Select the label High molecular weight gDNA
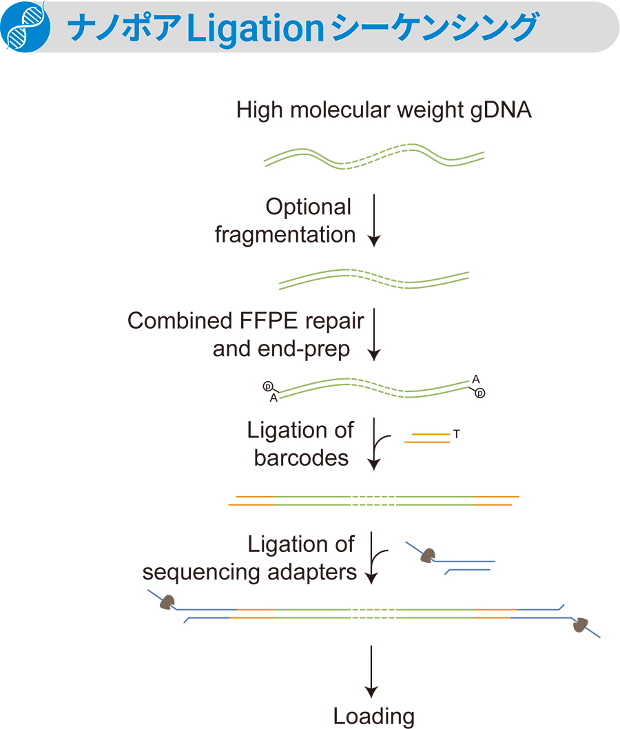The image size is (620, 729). click(384, 110)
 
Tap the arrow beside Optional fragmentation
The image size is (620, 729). click(373, 220)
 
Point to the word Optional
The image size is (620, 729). click(309, 207)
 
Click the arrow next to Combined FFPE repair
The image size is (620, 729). click(373, 334)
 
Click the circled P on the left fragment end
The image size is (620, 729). click(267, 387)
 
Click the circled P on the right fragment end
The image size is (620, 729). click(480, 393)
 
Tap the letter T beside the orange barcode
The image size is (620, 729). click(456, 434)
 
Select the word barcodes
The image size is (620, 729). click(301, 458)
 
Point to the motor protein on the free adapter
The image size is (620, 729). click(428, 555)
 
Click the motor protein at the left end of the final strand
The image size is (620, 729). click(167, 603)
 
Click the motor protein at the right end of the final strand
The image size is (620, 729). click(581, 625)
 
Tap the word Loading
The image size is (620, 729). click(373, 716)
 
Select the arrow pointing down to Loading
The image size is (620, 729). click(372, 672)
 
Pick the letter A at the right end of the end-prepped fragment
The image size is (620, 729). click(475, 379)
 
